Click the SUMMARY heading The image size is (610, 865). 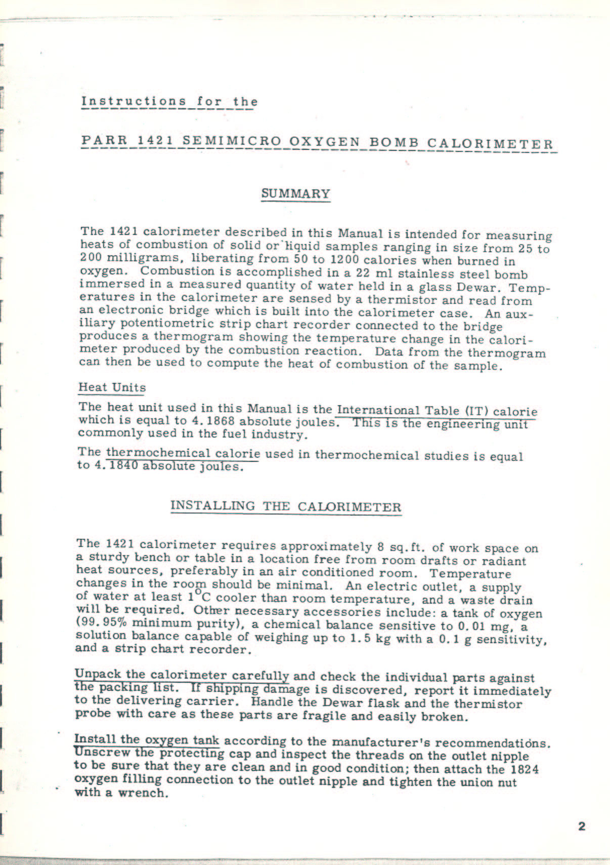click(296, 193)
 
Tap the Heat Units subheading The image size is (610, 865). click(112, 387)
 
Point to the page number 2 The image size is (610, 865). click(581, 827)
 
